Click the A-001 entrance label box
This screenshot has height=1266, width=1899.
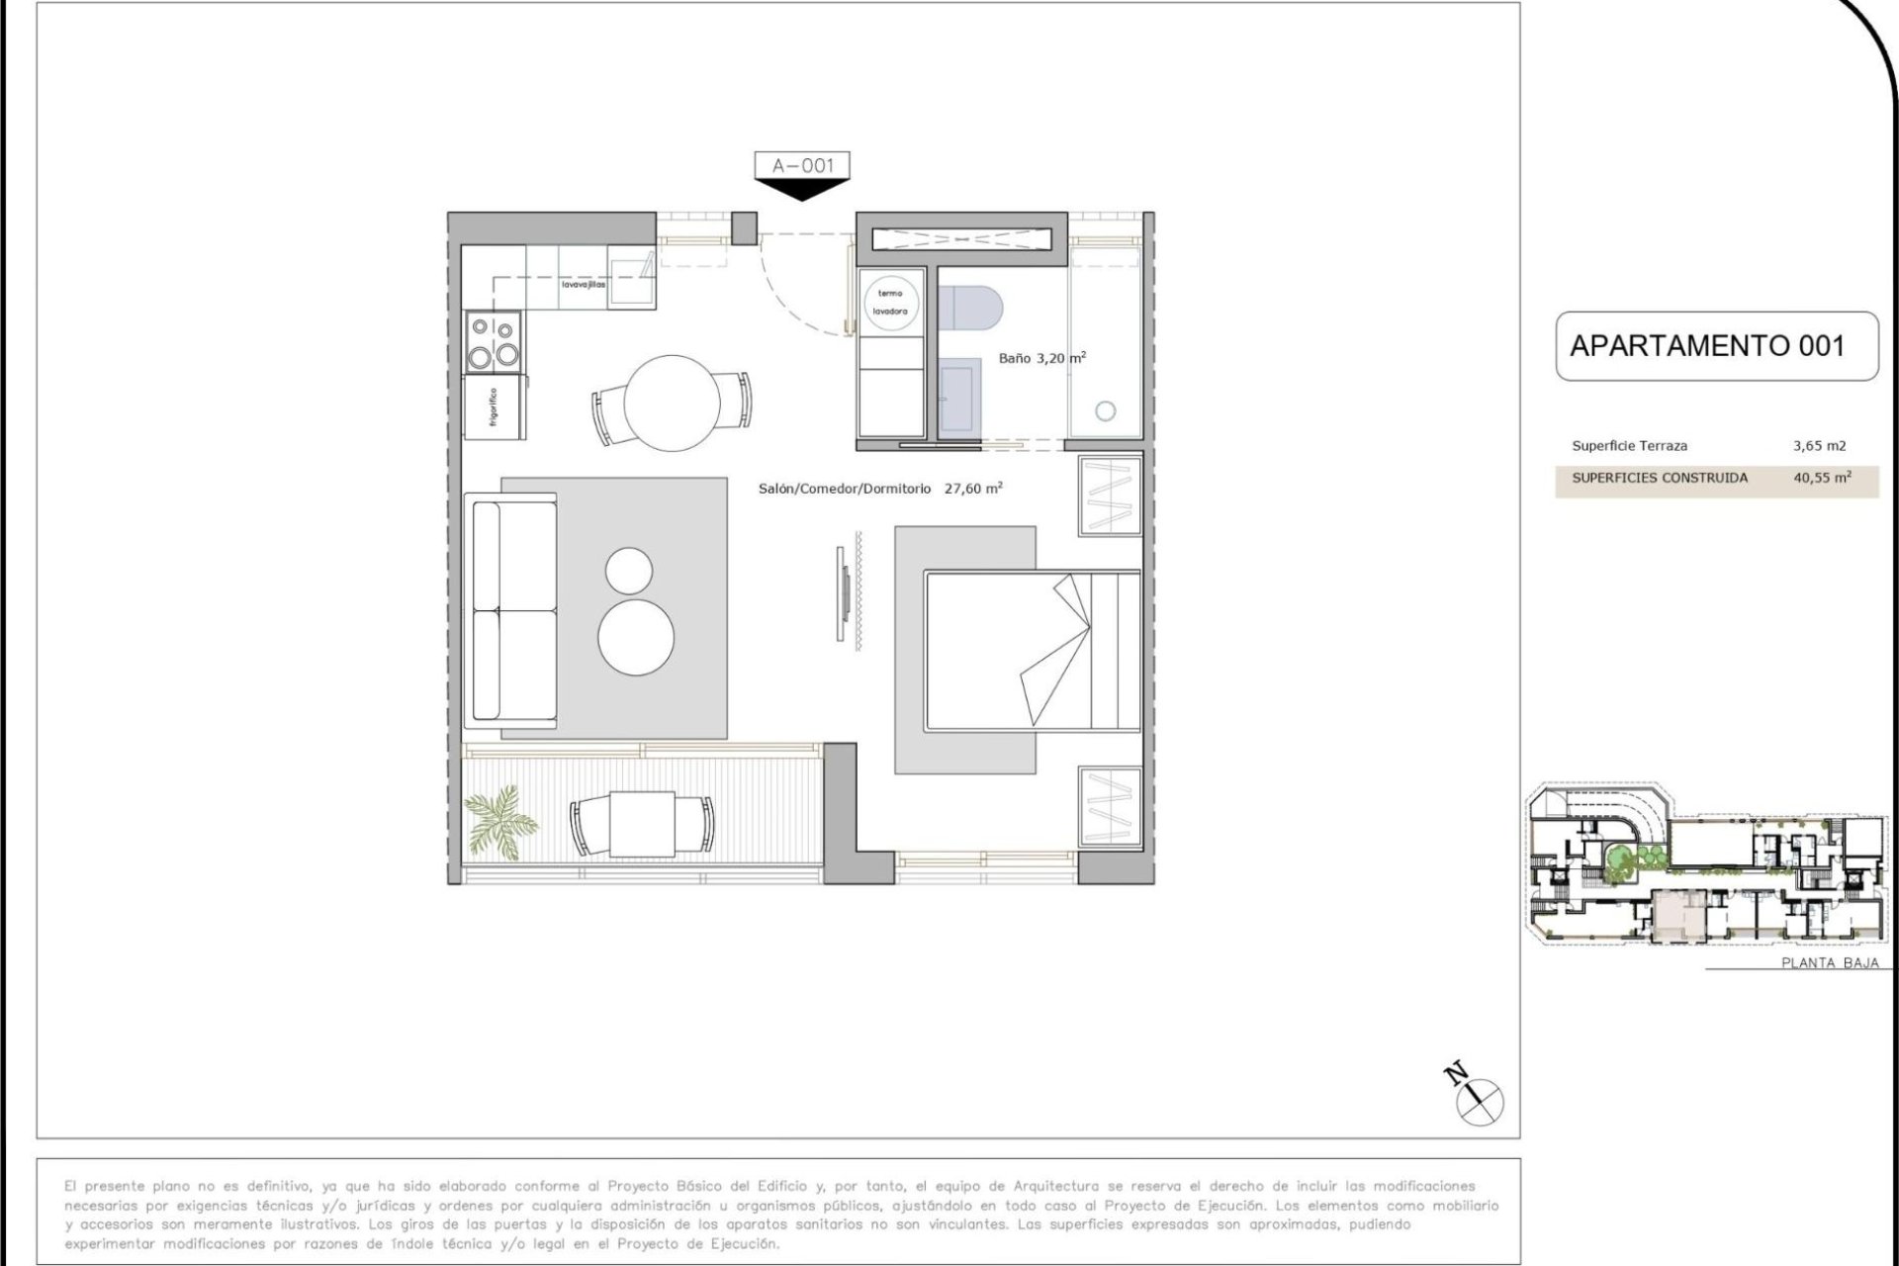click(x=802, y=165)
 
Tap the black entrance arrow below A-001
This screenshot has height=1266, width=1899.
click(x=802, y=190)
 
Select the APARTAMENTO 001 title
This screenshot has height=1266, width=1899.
click(x=1707, y=346)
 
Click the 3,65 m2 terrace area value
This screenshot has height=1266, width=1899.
click(x=1820, y=446)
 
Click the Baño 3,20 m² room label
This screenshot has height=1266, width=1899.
click(x=1042, y=358)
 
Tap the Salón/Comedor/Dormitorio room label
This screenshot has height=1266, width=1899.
click(x=845, y=489)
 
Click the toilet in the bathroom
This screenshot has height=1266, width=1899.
click(x=971, y=307)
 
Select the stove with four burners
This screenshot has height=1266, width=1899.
click(x=494, y=342)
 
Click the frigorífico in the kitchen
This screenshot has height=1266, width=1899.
click(x=495, y=407)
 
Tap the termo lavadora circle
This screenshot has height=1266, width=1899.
click(x=890, y=302)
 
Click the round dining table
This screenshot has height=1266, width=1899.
click(x=673, y=404)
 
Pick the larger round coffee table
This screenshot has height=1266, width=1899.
click(x=636, y=637)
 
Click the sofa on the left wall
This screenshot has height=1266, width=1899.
click(x=514, y=611)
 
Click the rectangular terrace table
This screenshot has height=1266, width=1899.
click(x=642, y=824)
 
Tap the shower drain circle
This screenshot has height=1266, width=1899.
click(x=1106, y=411)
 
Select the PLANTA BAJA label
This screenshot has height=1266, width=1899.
click(x=1830, y=962)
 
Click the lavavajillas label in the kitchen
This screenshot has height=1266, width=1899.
click(x=584, y=285)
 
